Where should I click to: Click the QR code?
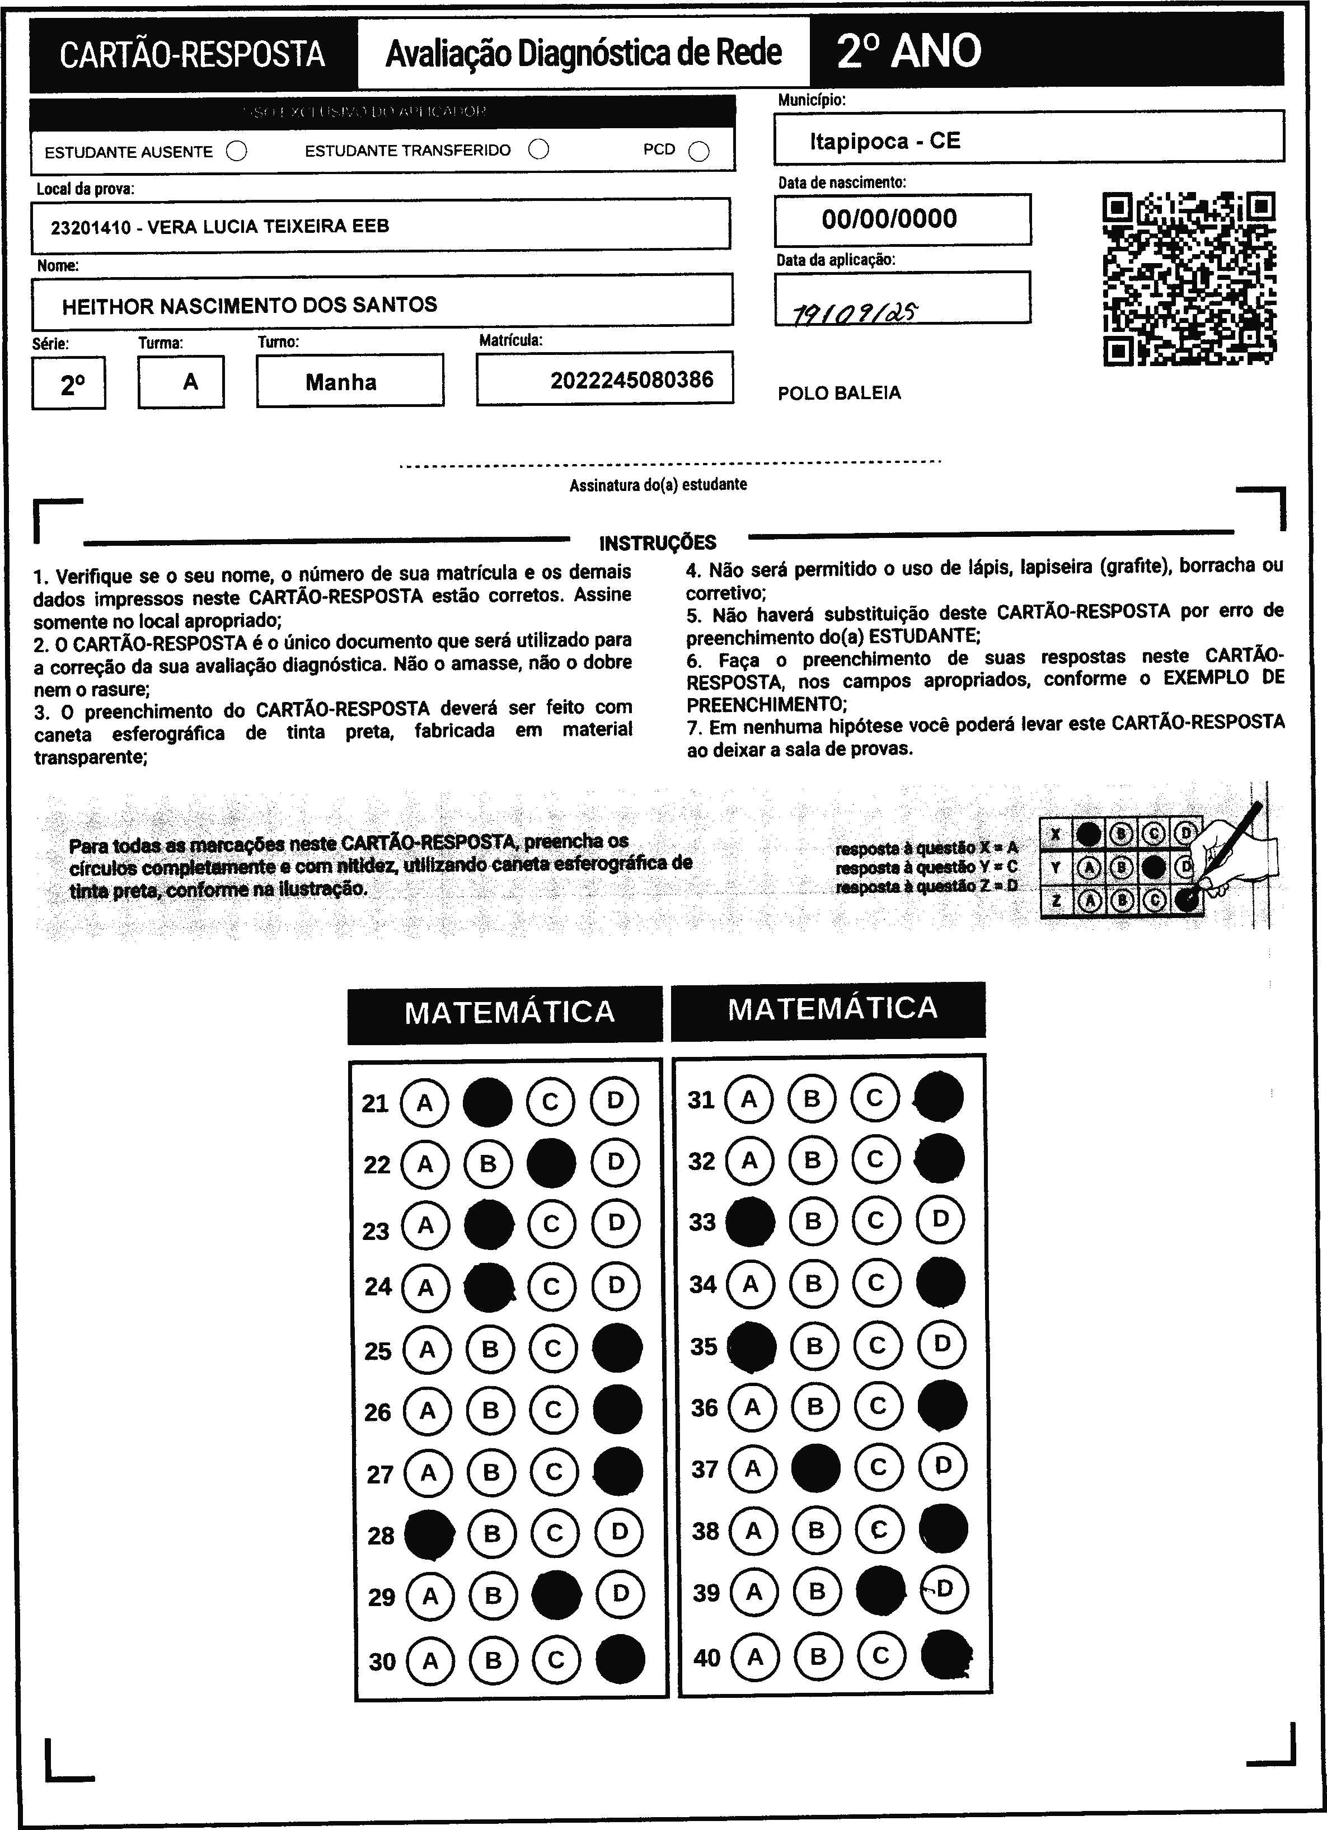pyautogui.click(x=1189, y=278)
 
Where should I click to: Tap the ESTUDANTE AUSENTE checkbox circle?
pyautogui.click(x=236, y=151)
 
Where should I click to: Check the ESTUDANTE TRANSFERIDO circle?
pyautogui.click(x=539, y=149)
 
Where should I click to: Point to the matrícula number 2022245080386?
pyautogui.click(x=632, y=380)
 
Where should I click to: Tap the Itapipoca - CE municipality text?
pyautogui.click(x=885, y=141)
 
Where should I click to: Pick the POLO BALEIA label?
pyautogui.click(x=839, y=393)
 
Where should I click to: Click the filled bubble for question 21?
pyautogui.click(x=487, y=1102)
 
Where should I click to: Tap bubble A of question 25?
pyautogui.click(x=426, y=1349)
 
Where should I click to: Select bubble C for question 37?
pyautogui.click(x=879, y=1467)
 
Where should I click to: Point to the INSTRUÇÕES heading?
pyautogui.click(x=658, y=542)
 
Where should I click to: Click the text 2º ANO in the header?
pyautogui.click(x=908, y=52)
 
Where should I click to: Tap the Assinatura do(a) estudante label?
pyautogui.click(x=658, y=485)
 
